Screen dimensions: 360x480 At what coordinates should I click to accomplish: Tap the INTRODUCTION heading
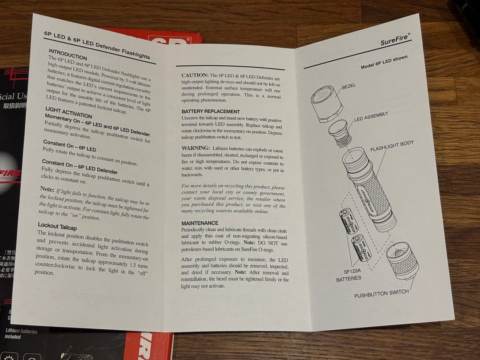point(68,54)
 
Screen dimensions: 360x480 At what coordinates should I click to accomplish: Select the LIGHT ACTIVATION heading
point(68,112)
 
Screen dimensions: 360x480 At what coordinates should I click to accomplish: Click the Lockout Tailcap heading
point(57,226)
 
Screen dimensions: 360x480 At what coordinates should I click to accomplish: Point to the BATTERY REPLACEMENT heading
point(210,112)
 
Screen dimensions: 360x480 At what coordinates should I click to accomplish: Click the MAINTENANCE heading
point(200,223)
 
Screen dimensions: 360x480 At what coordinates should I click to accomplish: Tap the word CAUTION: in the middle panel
point(195,76)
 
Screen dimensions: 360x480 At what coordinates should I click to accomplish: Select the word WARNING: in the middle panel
point(196,148)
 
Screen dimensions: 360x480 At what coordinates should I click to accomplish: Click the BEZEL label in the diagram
point(349,86)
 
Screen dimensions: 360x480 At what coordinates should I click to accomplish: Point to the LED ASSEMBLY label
point(371,116)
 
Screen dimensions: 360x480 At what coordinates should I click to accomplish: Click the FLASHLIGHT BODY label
point(392,146)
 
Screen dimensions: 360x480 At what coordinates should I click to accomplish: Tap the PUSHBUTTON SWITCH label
point(381,294)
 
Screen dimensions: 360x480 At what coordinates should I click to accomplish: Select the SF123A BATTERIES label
point(348,275)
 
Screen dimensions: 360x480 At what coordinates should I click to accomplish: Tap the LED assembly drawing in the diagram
point(340,132)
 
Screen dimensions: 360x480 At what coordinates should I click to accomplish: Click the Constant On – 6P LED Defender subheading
point(79,167)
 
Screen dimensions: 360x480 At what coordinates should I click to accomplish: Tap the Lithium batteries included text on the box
point(21,333)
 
